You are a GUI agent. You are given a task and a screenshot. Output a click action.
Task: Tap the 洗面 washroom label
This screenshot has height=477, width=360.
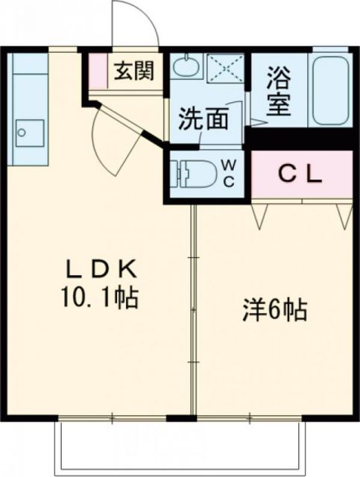tap(202, 119)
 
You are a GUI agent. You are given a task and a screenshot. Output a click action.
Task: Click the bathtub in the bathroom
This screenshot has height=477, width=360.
tap(331, 90)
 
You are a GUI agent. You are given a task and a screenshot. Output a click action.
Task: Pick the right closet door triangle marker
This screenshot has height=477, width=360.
tap(343, 215)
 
